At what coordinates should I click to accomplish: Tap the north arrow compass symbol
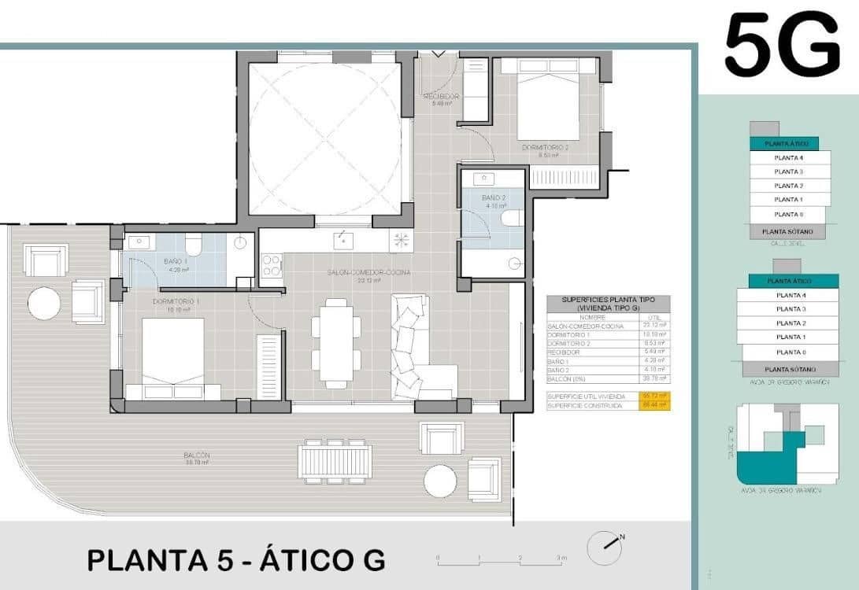[x=604, y=543]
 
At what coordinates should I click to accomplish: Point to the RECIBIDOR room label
[x=441, y=96]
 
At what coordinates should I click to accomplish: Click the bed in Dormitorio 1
[x=172, y=358]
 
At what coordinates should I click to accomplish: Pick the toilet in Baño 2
[x=513, y=218]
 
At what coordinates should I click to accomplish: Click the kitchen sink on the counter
[x=342, y=239]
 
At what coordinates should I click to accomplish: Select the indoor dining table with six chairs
[x=336, y=343]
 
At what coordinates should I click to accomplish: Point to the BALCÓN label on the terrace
[x=197, y=455]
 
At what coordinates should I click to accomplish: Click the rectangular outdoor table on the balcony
[x=335, y=461]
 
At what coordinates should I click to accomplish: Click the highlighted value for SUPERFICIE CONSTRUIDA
[x=655, y=404]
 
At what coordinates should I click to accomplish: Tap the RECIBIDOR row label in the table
[x=564, y=352]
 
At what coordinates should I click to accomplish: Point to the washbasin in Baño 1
[x=137, y=243]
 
